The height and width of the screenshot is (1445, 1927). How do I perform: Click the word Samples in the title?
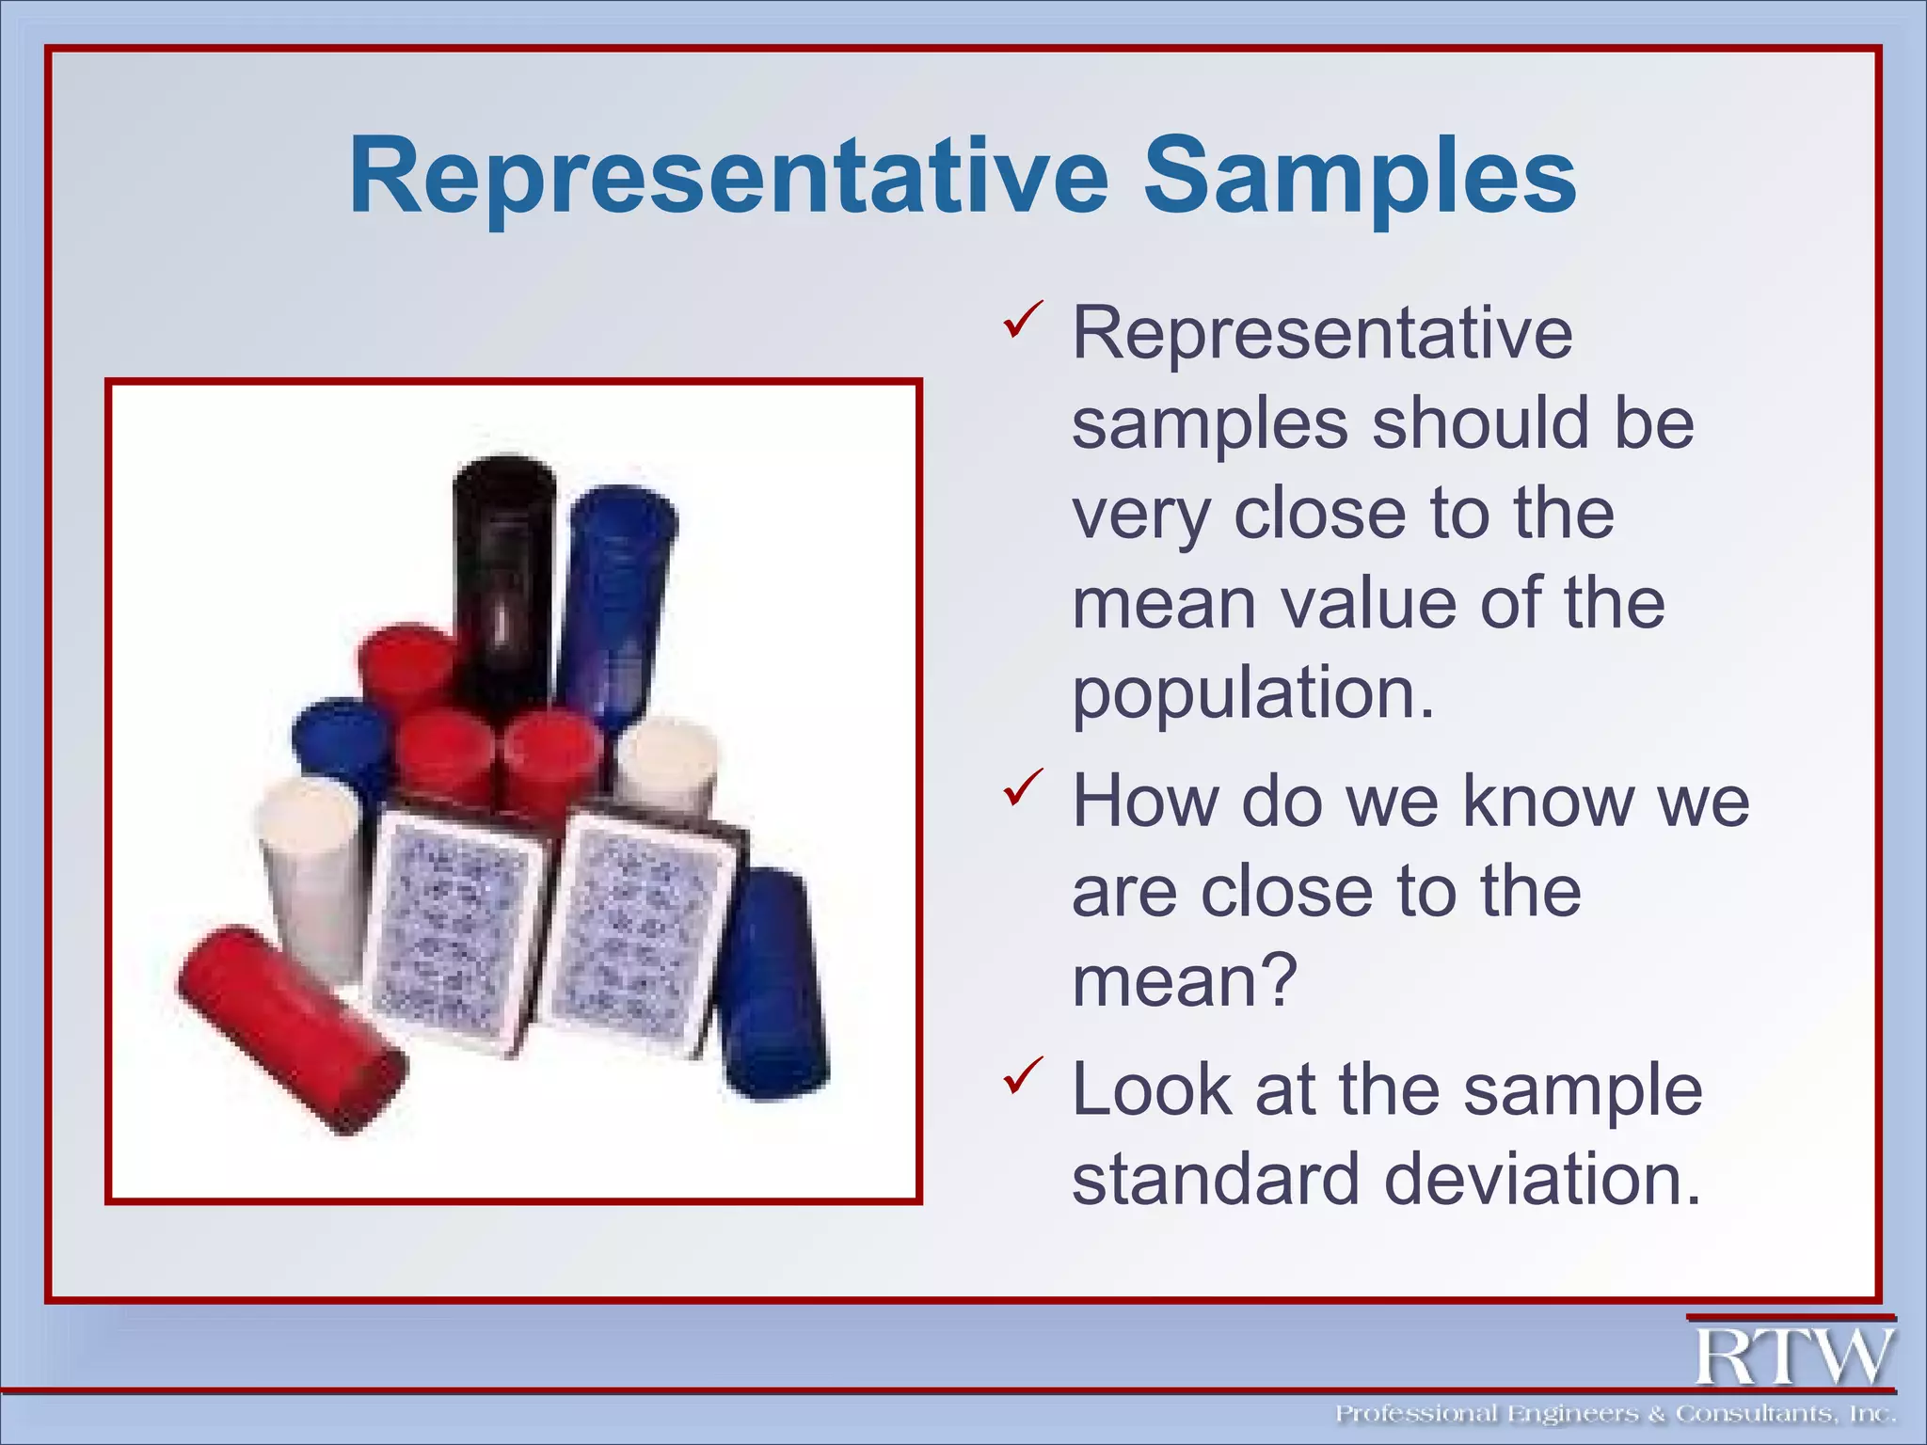click(1360, 177)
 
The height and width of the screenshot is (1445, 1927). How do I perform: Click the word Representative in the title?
click(729, 177)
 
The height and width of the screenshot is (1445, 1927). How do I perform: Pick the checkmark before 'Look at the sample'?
click(1023, 1074)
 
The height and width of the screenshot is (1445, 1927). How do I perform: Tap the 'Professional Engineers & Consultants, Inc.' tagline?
click(1615, 1413)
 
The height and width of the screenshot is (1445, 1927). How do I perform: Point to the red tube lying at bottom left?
click(292, 1030)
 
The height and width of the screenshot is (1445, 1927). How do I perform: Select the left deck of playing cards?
click(452, 931)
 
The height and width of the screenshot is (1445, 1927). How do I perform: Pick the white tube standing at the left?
click(309, 875)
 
